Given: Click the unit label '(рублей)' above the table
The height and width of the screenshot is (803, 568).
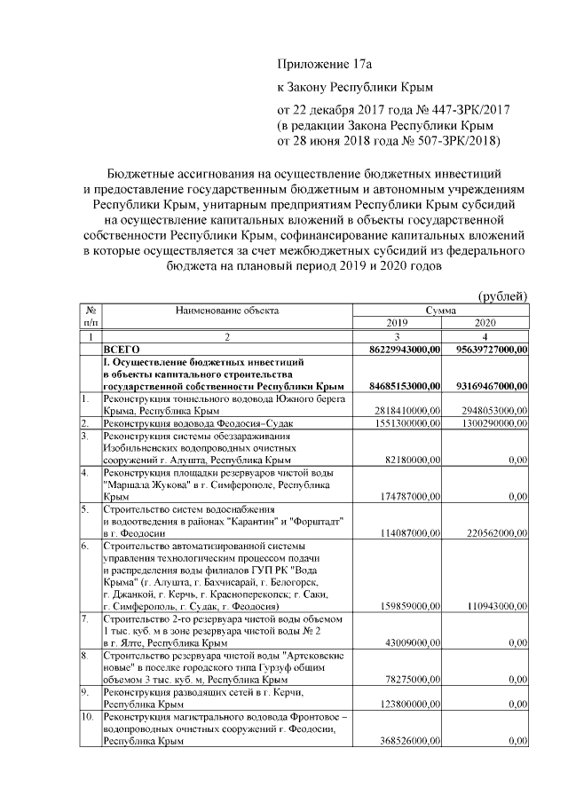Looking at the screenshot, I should (503, 295).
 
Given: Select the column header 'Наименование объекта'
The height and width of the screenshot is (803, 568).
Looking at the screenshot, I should (226, 311).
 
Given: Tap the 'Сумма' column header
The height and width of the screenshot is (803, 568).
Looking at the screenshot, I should (441, 311).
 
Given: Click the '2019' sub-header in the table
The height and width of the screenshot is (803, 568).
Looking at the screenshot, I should (398, 323).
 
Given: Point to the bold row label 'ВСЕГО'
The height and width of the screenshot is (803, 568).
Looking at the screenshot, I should (122, 350).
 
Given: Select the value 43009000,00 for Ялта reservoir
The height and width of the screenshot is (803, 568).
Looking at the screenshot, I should (413, 642).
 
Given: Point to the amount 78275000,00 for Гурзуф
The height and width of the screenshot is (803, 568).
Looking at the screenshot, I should (413, 679).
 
